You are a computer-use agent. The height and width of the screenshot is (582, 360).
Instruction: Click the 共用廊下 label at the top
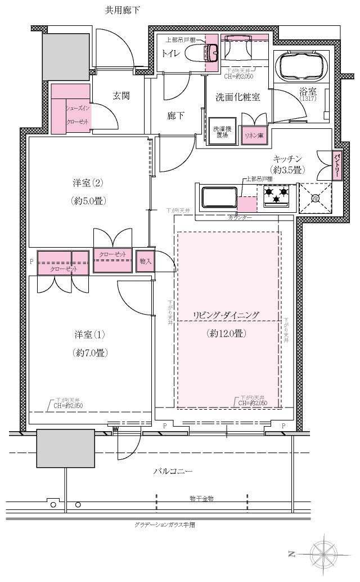(123, 10)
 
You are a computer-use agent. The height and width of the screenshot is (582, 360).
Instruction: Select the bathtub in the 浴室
(302, 66)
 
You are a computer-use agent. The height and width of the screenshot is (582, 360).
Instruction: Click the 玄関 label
(121, 96)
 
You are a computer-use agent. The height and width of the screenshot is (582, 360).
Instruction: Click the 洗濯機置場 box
(221, 132)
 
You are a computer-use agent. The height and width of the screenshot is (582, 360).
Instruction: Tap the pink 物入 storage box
(145, 262)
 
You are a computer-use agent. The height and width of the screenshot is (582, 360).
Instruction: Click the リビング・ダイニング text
(227, 315)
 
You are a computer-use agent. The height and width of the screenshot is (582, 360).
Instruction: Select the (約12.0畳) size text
(227, 333)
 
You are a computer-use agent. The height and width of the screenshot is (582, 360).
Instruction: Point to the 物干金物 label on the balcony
(201, 499)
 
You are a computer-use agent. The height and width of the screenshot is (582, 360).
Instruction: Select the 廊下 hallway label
(176, 116)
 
